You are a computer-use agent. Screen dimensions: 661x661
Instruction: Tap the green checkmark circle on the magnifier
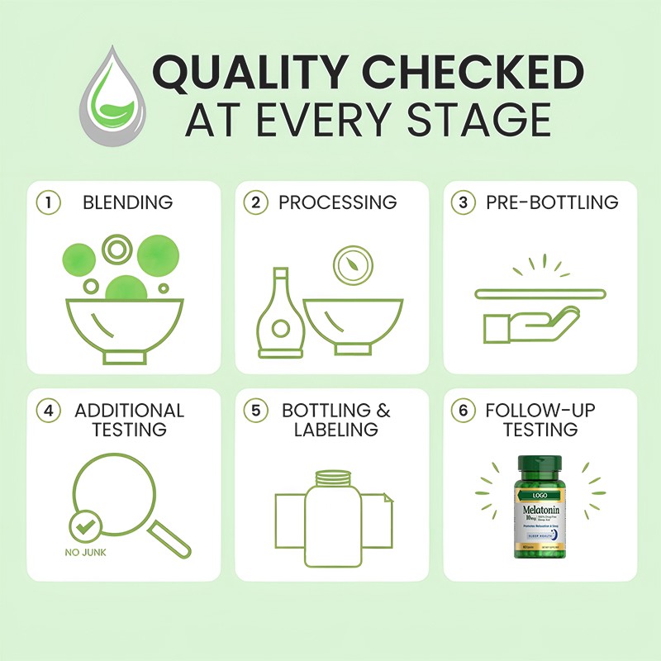[86, 525]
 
